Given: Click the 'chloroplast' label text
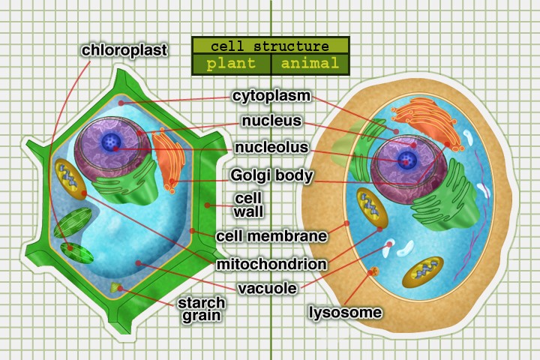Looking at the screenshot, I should (124, 50).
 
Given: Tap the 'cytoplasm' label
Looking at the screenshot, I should (271, 96).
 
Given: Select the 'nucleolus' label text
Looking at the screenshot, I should (271, 148).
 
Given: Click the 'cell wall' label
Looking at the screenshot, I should (248, 205).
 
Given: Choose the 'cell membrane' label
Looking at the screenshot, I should (271, 236).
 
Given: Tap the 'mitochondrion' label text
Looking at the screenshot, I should (271, 264).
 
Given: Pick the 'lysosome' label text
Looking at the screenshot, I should (346, 312).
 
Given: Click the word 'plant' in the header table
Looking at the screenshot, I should (231, 63).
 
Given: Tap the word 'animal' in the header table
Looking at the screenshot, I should (309, 63).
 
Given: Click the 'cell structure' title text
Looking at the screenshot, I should (270, 46).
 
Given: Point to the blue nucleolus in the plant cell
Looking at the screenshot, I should (112, 141).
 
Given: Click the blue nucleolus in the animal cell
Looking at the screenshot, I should (406, 158).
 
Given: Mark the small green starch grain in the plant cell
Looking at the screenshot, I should (115, 286).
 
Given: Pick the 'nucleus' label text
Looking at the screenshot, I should (271, 121).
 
